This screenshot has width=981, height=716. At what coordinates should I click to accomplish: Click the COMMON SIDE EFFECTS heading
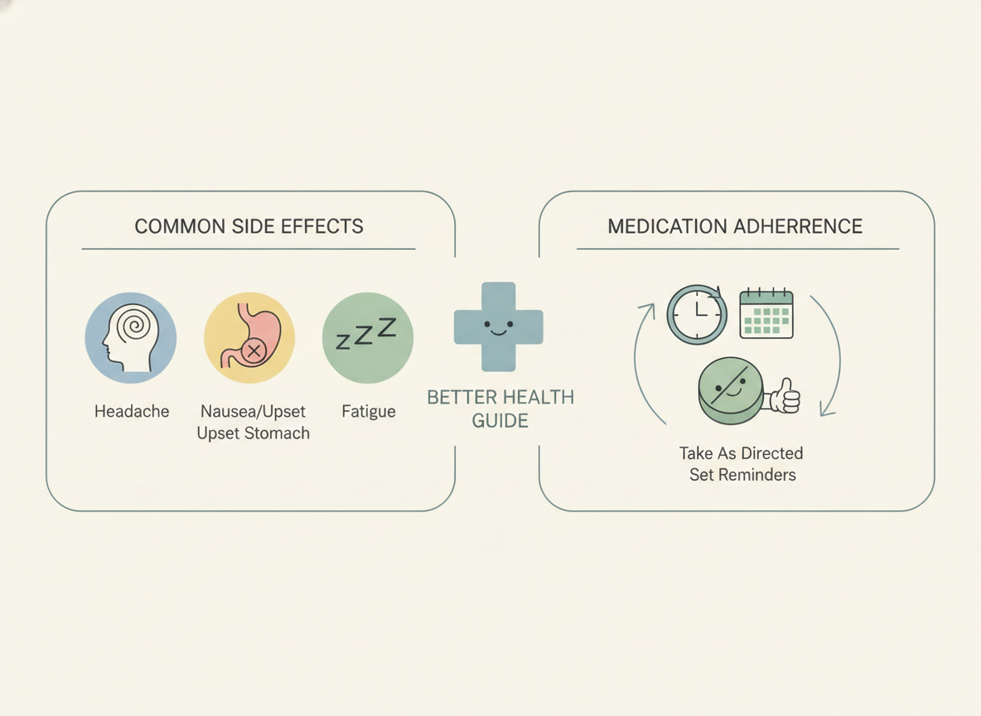(x=249, y=226)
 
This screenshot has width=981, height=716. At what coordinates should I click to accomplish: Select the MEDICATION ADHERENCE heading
(x=735, y=226)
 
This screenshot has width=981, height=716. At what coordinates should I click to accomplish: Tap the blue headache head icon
(x=131, y=338)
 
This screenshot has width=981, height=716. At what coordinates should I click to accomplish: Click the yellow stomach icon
(x=249, y=338)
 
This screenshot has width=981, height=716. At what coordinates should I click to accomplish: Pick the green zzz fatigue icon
(x=368, y=338)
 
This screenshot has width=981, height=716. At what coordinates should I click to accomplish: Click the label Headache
(x=132, y=411)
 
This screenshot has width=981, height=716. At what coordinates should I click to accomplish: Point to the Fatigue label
(x=369, y=411)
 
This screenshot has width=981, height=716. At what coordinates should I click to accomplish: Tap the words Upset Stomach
(x=254, y=433)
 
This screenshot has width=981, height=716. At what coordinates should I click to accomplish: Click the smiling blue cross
(x=499, y=327)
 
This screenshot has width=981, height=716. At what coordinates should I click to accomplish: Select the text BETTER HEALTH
(x=500, y=398)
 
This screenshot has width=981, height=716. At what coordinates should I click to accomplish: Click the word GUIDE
(x=500, y=421)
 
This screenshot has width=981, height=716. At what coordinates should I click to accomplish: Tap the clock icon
(x=696, y=314)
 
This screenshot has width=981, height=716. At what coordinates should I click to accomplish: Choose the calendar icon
(x=766, y=313)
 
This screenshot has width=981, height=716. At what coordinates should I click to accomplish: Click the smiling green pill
(x=731, y=390)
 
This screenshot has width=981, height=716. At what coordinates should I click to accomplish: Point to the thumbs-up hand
(x=783, y=396)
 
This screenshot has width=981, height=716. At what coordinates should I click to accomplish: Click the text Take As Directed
(x=742, y=453)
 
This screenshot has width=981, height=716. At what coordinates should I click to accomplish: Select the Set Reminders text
(x=742, y=475)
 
